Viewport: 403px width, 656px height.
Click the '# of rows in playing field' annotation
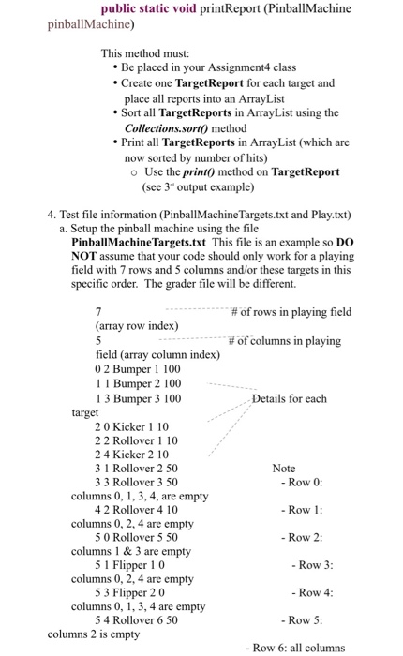click(291, 312)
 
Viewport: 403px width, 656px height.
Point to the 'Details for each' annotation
click(290, 398)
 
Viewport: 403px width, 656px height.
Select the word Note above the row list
click(284, 468)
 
